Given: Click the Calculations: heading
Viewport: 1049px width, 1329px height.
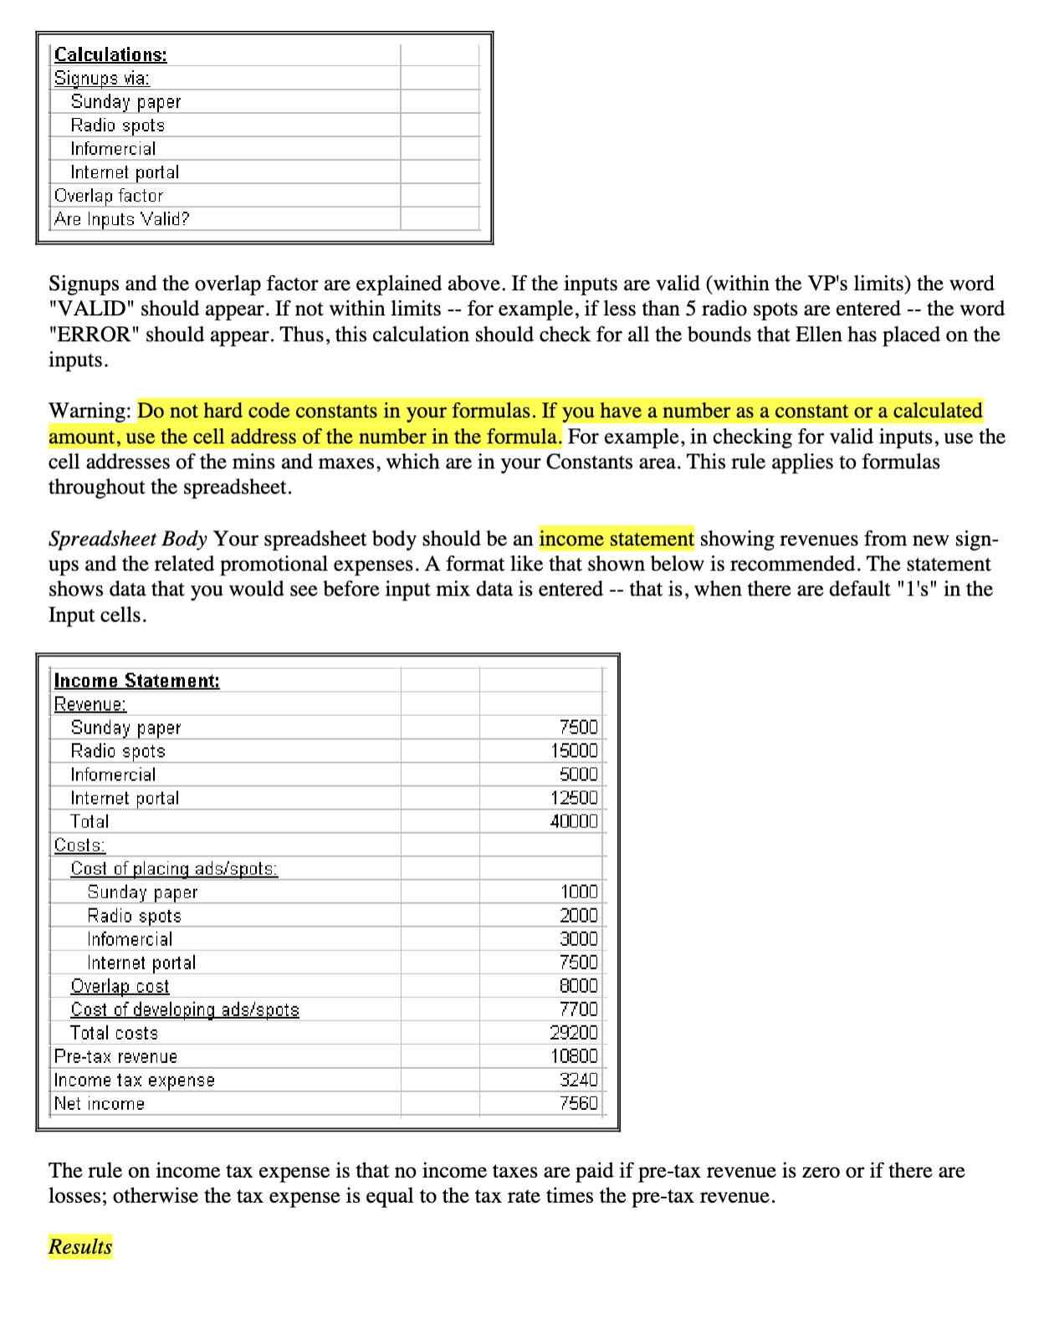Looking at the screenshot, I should [x=110, y=55].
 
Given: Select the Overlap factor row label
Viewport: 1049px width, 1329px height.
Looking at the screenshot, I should [x=109, y=196].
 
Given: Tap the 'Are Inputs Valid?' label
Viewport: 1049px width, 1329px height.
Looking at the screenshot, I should [x=122, y=219].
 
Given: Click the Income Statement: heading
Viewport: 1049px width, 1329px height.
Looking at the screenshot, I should [x=137, y=681].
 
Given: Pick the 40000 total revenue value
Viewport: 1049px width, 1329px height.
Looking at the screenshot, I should [x=574, y=821].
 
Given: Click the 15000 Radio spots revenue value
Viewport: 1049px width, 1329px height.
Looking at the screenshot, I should [x=574, y=751].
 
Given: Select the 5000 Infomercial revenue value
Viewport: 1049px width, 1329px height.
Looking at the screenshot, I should [x=579, y=774].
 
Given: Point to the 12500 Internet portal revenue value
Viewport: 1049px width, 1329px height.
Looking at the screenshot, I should [x=574, y=798].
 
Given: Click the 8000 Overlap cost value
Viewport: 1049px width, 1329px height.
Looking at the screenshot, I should [x=579, y=986].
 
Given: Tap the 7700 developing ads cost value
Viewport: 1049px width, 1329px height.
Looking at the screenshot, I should [x=579, y=1010].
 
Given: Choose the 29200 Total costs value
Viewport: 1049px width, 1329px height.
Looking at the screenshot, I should [x=574, y=1033].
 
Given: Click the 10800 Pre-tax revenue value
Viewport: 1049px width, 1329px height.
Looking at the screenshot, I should [x=574, y=1056].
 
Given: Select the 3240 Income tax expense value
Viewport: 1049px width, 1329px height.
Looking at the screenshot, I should [x=579, y=1080].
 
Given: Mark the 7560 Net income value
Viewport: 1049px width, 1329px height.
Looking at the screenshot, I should [x=579, y=1103].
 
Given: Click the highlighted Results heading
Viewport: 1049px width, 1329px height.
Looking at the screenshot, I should [x=80, y=1246].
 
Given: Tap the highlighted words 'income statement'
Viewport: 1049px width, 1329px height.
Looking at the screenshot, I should [x=617, y=539].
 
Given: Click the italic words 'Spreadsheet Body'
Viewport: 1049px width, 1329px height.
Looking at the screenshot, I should [x=128, y=539].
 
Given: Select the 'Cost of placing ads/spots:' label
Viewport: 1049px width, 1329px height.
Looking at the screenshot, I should [x=174, y=869].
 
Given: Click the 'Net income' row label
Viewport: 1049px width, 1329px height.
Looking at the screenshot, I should [x=100, y=1104].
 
